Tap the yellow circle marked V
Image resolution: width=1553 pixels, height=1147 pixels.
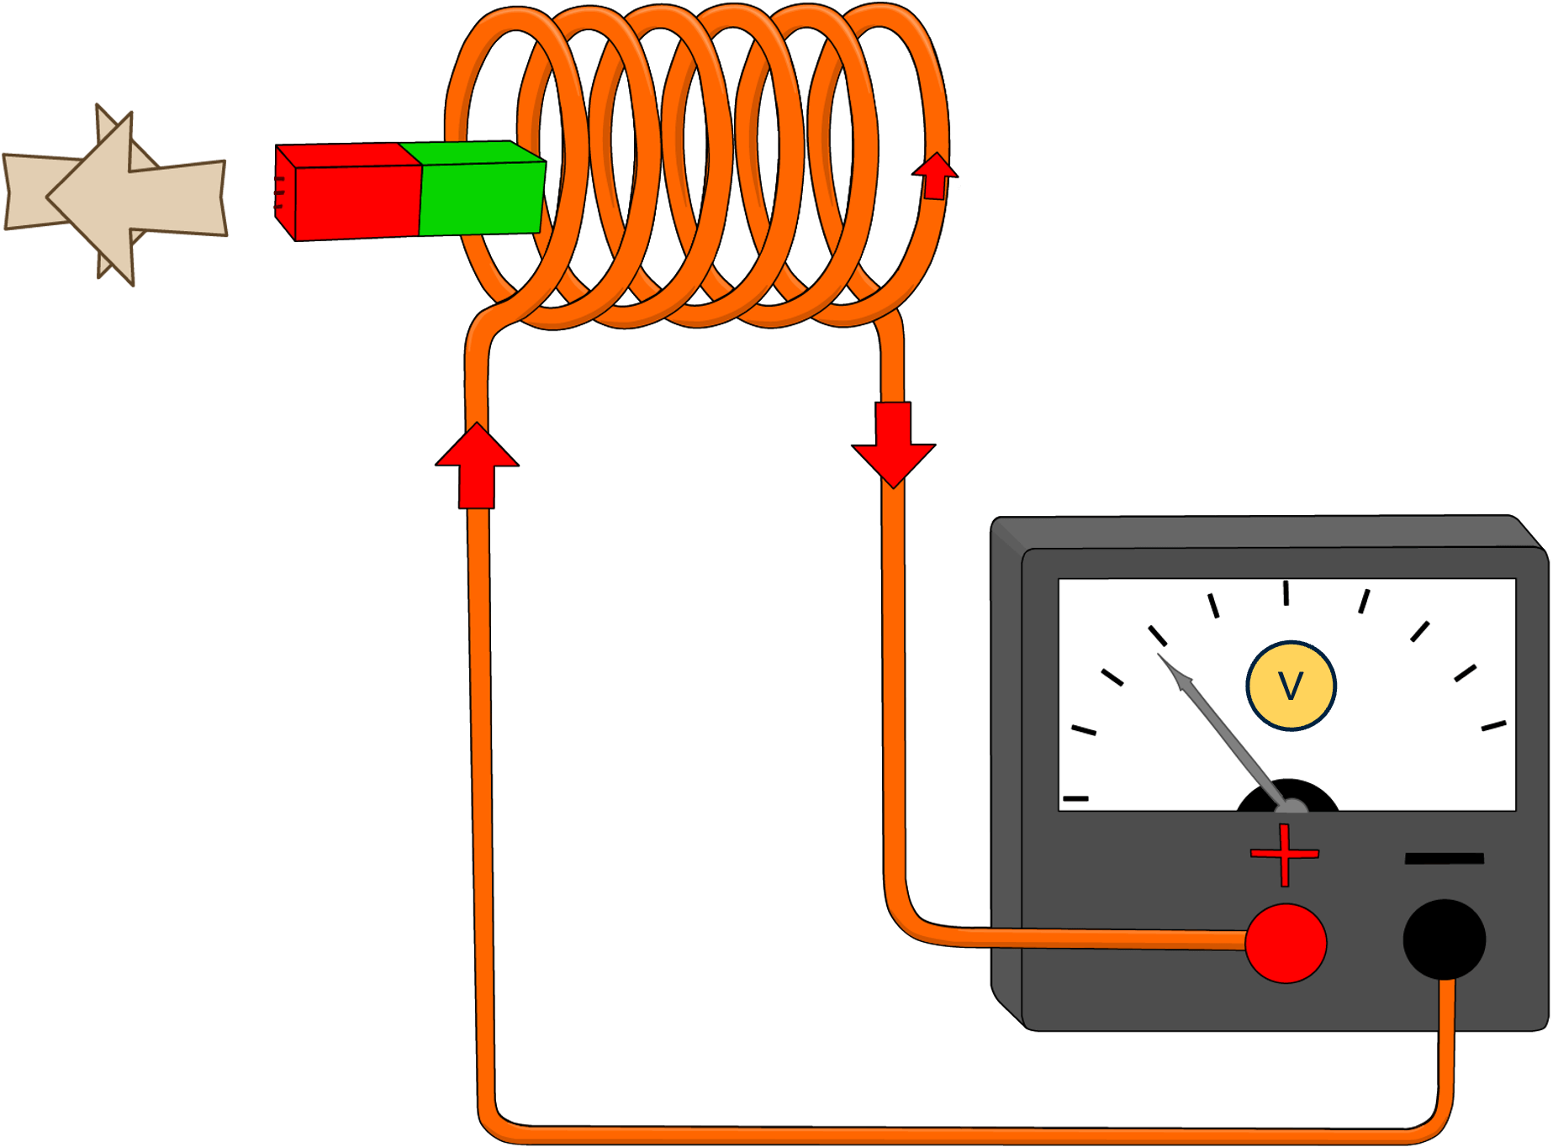[x=1291, y=686]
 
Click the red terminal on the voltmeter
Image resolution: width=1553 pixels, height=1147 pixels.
[x=1286, y=943]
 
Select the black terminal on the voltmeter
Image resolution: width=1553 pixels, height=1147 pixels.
[x=1444, y=939]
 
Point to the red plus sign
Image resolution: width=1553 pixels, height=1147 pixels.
[x=1284, y=855]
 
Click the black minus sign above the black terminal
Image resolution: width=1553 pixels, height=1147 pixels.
[x=1444, y=858]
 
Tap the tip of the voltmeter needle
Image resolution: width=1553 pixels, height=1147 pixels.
[x=1160, y=656]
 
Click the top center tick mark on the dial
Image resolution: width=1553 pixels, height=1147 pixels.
[x=1286, y=592]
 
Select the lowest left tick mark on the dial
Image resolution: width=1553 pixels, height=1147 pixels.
[x=1075, y=797]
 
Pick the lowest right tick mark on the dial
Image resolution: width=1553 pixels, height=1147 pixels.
[x=1493, y=725]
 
